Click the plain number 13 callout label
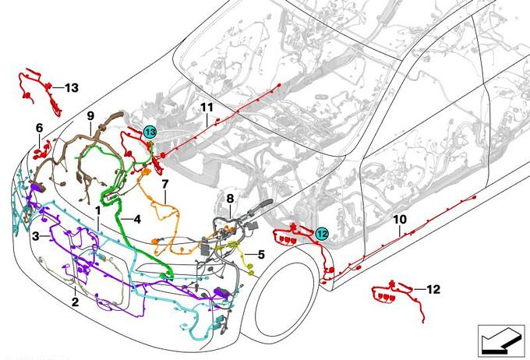72,87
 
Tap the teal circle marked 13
150,132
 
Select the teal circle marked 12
322,234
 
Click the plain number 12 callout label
433,289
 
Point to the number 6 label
40,128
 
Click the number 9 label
90,116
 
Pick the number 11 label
207,108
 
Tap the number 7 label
165,184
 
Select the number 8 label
230,199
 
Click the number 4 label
137,220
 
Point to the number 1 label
98,210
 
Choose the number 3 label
36,236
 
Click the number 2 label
75,302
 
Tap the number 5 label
261,255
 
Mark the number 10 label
400,220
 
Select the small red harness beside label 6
42,151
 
